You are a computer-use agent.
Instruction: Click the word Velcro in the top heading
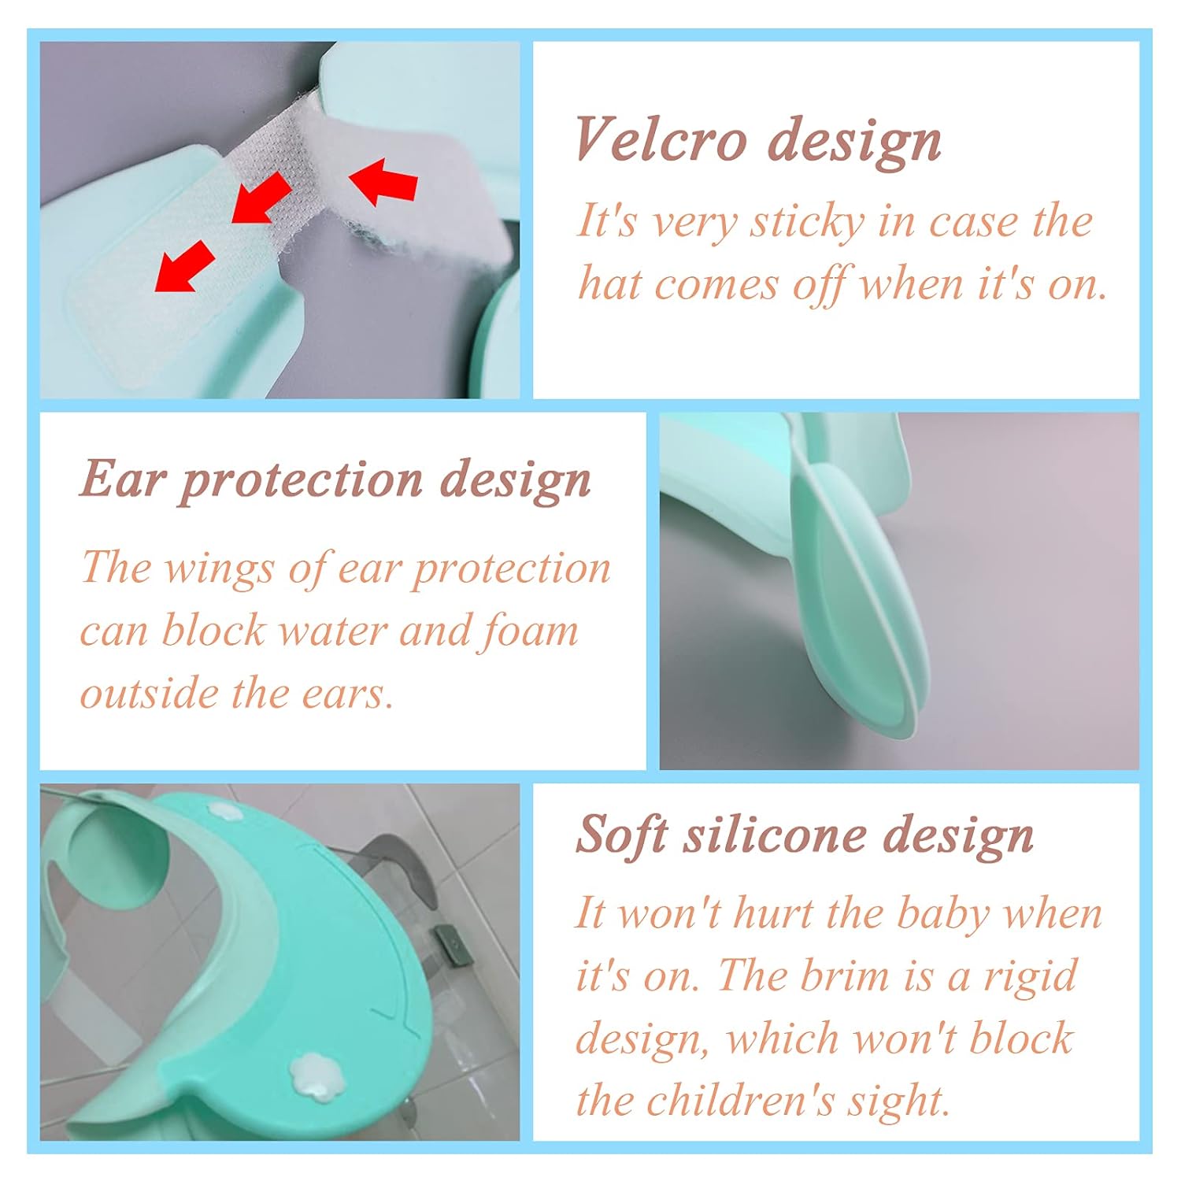click(661, 139)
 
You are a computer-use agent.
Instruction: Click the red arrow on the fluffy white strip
click(383, 182)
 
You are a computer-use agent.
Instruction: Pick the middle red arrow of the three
click(262, 198)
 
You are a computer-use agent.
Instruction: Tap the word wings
click(219, 569)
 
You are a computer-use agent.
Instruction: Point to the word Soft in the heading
click(623, 834)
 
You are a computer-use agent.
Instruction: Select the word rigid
click(1029, 977)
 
